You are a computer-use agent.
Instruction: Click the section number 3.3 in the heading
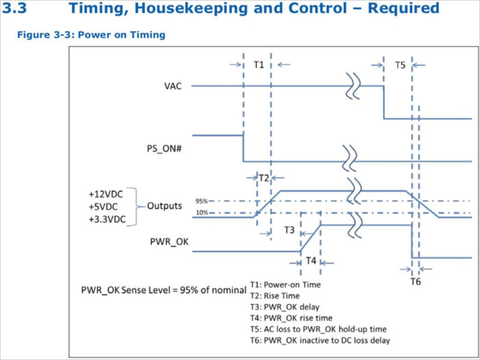click(14, 8)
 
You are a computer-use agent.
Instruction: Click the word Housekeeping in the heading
click(191, 9)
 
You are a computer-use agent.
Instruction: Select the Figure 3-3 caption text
click(91, 34)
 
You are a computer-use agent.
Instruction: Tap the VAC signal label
click(172, 86)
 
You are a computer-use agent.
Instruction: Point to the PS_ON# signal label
click(164, 149)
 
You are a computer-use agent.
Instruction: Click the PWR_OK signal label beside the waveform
click(169, 242)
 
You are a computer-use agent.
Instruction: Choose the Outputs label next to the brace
click(164, 206)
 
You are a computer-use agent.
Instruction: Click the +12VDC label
click(106, 194)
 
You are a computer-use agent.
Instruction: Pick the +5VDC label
click(103, 207)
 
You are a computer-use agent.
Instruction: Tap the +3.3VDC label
click(107, 219)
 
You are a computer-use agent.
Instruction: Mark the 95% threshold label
click(201, 201)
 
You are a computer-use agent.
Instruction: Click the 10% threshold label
click(202, 212)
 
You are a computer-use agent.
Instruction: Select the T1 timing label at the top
click(259, 65)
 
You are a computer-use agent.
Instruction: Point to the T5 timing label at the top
click(400, 65)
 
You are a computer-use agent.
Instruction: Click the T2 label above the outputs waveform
click(264, 178)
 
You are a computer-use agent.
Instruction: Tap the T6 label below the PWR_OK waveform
click(416, 281)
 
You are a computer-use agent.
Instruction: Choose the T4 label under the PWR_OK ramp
click(311, 261)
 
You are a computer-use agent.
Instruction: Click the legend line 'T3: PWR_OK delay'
click(285, 307)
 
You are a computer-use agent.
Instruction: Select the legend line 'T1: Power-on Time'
click(285, 285)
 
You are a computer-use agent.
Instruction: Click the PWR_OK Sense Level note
click(164, 290)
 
